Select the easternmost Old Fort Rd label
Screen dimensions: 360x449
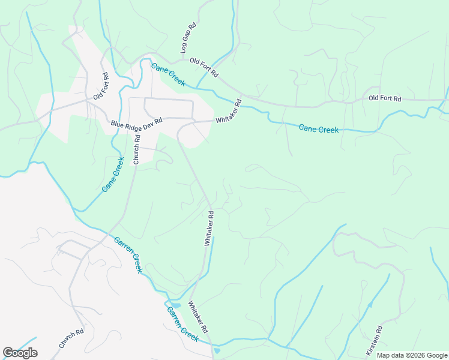[x=385, y=98]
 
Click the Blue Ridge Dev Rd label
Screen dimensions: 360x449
[x=136, y=123]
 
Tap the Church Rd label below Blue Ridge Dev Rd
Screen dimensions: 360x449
[x=136, y=153]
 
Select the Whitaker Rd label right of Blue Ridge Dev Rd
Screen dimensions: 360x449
[x=228, y=112]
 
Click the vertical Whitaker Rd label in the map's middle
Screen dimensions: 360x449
[x=209, y=228]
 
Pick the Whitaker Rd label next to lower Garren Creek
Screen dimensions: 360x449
[x=198, y=317]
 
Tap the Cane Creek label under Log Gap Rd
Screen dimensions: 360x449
[x=168, y=74]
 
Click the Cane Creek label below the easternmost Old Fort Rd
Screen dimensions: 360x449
[x=319, y=129]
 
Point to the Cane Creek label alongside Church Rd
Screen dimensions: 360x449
[x=113, y=175]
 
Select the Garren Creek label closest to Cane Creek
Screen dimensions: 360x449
[x=128, y=254]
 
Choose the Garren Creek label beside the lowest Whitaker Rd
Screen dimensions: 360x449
[x=182, y=324]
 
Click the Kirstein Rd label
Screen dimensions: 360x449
[x=375, y=340]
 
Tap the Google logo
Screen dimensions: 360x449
[x=20, y=352]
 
